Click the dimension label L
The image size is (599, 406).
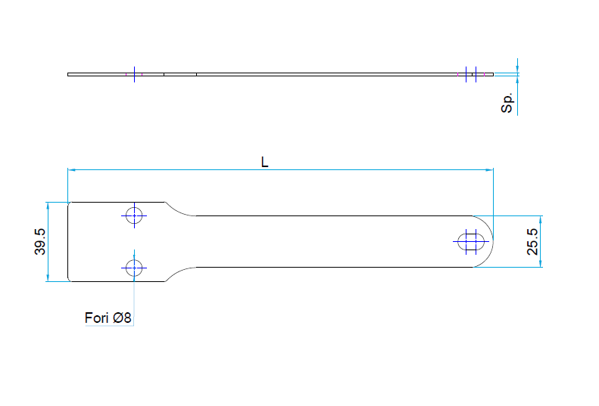[x=264, y=162]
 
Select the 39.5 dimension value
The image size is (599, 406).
[x=39, y=241]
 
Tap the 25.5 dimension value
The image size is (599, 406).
[x=532, y=241]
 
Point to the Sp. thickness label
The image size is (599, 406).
[x=507, y=103]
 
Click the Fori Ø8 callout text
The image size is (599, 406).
[x=108, y=318]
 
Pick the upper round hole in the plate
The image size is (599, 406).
[x=134, y=216]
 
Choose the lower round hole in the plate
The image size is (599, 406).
[x=134, y=268]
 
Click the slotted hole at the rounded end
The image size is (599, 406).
[x=471, y=241]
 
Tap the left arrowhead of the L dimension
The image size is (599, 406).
[x=71, y=170]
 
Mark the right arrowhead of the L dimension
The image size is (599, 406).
[x=489, y=170]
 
